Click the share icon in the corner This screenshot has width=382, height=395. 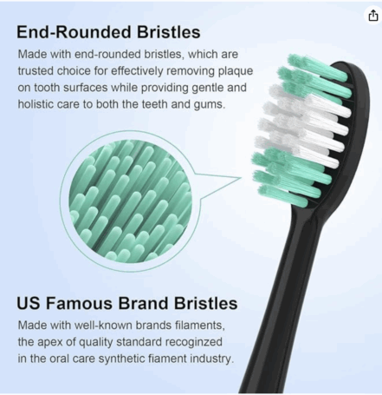click(x=373, y=16)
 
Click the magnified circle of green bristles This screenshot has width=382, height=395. click(x=131, y=201)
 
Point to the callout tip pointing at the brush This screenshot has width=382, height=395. click(x=240, y=178)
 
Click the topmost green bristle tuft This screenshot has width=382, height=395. click(x=318, y=67)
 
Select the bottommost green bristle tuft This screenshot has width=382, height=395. click(x=283, y=196)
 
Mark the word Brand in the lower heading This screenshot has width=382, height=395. click(x=144, y=304)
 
